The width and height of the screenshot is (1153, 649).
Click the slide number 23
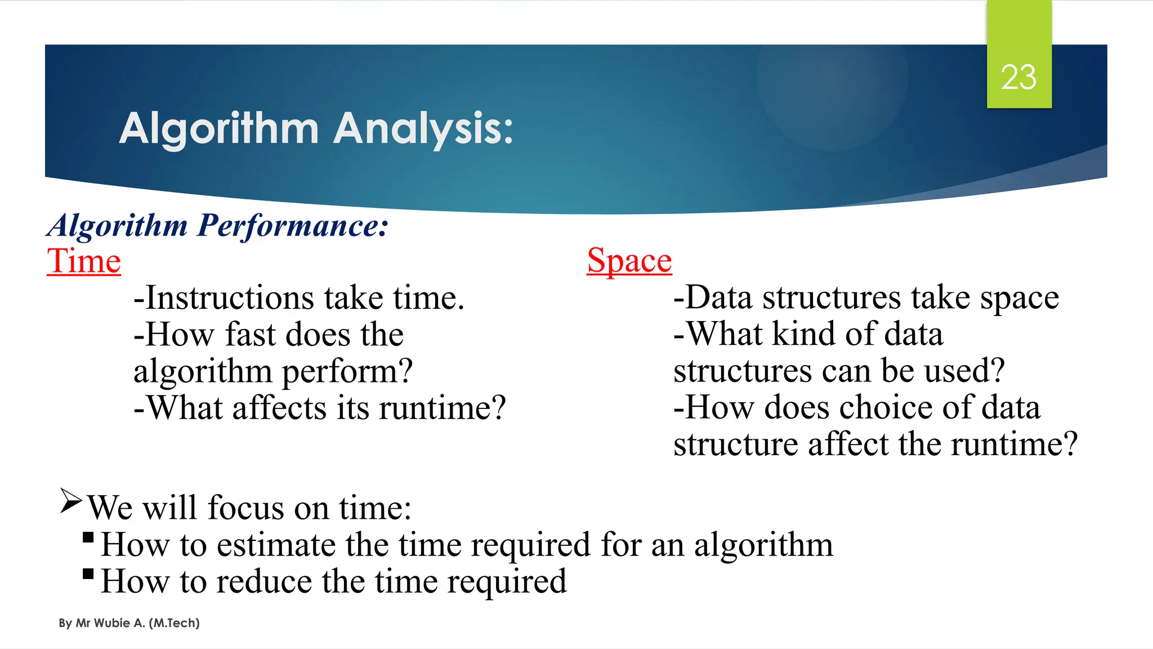pyautogui.click(x=1018, y=77)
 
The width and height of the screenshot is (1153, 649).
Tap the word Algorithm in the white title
pyautogui.click(x=219, y=129)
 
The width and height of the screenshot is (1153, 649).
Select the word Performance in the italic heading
pyautogui.click(x=292, y=226)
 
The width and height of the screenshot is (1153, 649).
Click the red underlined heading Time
pyautogui.click(x=84, y=261)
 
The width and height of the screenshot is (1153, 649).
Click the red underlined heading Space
pyautogui.click(x=629, y=261)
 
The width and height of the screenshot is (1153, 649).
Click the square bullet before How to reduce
pyautogui.click(x=88, y=574)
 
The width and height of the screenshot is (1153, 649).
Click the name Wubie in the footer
pyautogui.click(x=112, y=623)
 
